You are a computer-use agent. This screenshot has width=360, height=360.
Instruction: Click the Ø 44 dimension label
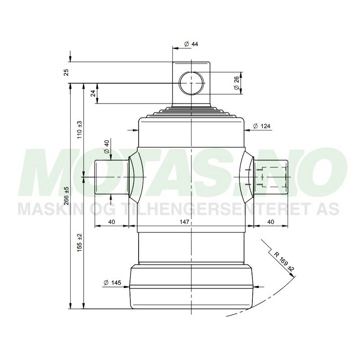point(191,44)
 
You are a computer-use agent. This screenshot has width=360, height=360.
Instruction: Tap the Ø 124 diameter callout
point(261,126)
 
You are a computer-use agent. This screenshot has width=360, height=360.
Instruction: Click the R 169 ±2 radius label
point(283,261)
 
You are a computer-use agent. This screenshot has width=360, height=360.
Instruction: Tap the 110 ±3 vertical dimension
point(80,129)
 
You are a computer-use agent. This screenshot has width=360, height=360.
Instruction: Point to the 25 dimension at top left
point(67,72)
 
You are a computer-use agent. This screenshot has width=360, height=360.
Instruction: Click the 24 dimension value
point(93,93)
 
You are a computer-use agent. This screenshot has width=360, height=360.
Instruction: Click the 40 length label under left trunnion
point(112,221)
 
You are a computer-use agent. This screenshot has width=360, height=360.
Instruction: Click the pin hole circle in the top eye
point(191,83)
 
